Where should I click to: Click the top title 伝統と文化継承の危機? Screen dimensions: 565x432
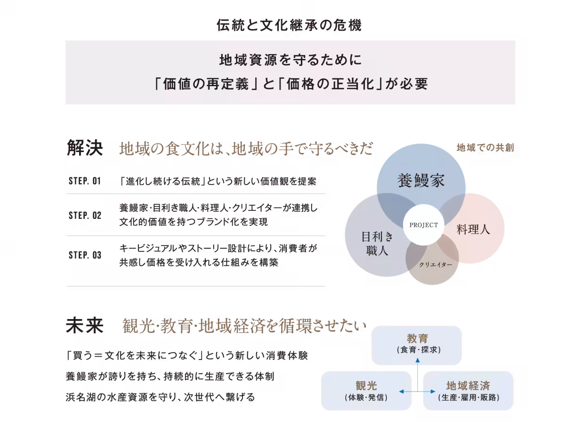pyautogui.click(x=289, y=25)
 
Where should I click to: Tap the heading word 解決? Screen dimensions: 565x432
pyautogui.click(x=85, y=148)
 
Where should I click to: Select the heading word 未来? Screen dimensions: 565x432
pyautogui.click(x=85, y=325)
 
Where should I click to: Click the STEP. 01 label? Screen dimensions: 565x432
pyautogui.click(x=85, y=181)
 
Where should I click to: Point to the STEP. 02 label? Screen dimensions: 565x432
pyautogui.click(x=85, y=215)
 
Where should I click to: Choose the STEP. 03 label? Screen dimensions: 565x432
pyautogui.click(x=85, y=255)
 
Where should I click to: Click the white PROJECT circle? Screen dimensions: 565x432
pyautogui.click(x=423, y=225)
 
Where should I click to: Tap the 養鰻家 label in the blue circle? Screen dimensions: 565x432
pyautogui.click(x=421, y=180)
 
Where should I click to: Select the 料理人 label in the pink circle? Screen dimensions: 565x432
pyautogui.click(x=473, y=229)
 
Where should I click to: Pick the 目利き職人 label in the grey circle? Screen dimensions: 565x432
pyautogui.click(x=377, y=243)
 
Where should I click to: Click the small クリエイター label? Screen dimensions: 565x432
pyautogui.click(x=435, y=265)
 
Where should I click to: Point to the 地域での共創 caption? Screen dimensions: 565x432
pyautogui.click(x=485, y=147)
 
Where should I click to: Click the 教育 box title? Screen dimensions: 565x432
pyautogui.click(x=417, y=338)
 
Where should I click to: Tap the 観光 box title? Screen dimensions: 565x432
pyautogui.click(x=366, y=386)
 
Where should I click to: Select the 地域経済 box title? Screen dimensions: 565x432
pyautogui.click(x=468, y=386)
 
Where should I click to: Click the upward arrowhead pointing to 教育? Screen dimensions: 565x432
pyautogui.click(x=418, y=360)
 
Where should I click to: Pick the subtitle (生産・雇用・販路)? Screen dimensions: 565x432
pyautogui.click(x=468, y=398)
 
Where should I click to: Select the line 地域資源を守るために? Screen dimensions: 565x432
pyautogui.click(x=291, y=60)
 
